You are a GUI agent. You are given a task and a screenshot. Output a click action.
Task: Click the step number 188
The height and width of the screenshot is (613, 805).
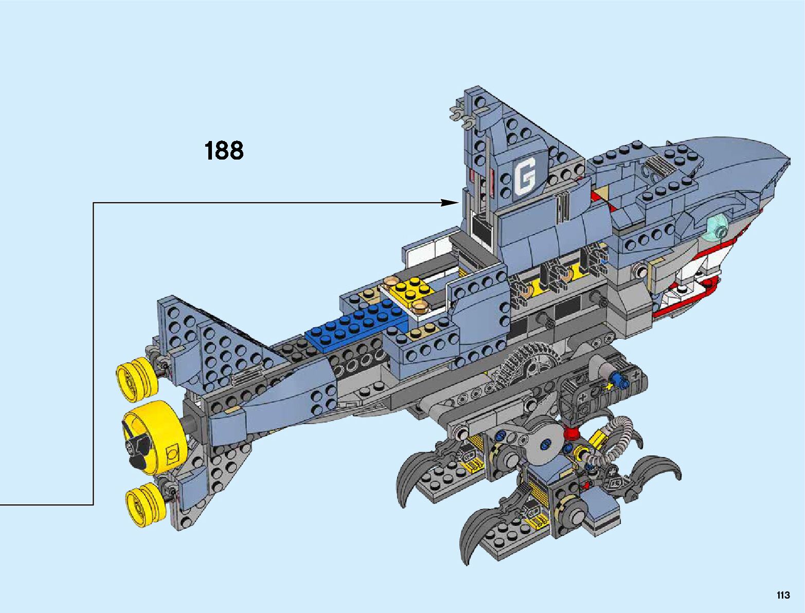point(224,151)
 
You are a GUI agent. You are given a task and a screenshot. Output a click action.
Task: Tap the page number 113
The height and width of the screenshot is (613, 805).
point(783,596)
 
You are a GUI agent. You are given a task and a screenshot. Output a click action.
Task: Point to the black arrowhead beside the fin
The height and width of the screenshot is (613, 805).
point(449,203)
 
